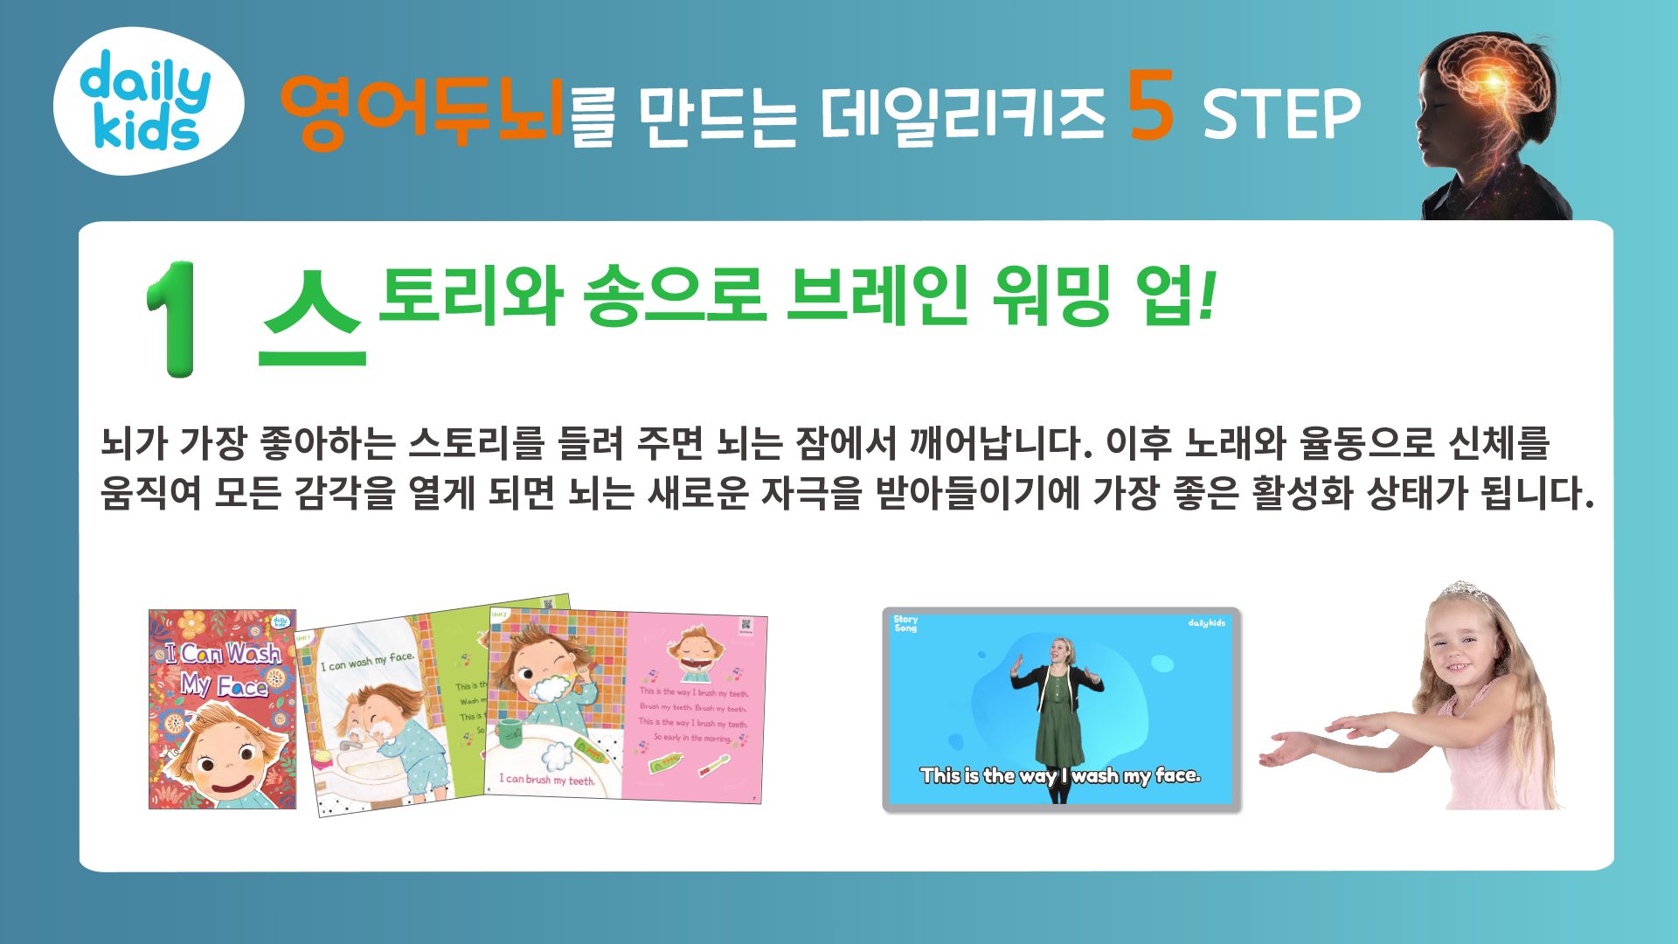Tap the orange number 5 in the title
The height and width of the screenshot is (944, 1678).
(1150, 107)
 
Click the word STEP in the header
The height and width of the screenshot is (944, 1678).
(1281, 115)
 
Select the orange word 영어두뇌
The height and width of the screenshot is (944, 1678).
(422, 111)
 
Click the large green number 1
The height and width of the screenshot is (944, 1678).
(172, 319)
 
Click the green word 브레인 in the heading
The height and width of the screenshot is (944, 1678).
(877, 295)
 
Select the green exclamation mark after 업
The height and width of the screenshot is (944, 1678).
(1207, 295)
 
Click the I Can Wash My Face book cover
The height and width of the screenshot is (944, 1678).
(222, 709)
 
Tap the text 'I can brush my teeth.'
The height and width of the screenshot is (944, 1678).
(547, 779)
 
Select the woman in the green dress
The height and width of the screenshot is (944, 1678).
(1058, 712)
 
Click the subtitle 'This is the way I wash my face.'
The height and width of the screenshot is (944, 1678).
(1060, 775)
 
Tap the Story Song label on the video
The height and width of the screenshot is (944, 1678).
(905, 623)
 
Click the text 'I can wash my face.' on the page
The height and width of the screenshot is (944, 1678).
(367, 662)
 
